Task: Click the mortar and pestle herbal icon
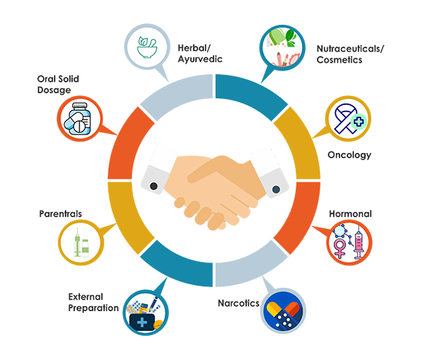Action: (x=147, y=47)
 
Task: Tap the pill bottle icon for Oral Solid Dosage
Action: (x=78, y=119)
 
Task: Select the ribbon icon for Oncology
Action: (x=349, y=119)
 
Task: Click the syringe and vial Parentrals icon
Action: (x=82, y=243)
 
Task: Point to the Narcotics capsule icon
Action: (x=283, y=311)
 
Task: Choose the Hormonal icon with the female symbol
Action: (x=349, y=242)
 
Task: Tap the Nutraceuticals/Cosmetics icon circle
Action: (x=283, y=47)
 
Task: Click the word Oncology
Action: (x=350, y=155)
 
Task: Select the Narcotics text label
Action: (x=238, y=303)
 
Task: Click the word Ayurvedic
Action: (x=200, y=59)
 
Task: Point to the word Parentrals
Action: (x=60, y=214)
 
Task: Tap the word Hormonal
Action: (x=350, y=214)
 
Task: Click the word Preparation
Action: (x=93, y=308)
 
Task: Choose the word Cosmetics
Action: (x=339, y=60)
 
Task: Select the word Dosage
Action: (x=54, y=90)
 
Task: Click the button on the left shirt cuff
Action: (x=154, y=186)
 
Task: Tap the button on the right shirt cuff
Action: (x=276, y=189)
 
